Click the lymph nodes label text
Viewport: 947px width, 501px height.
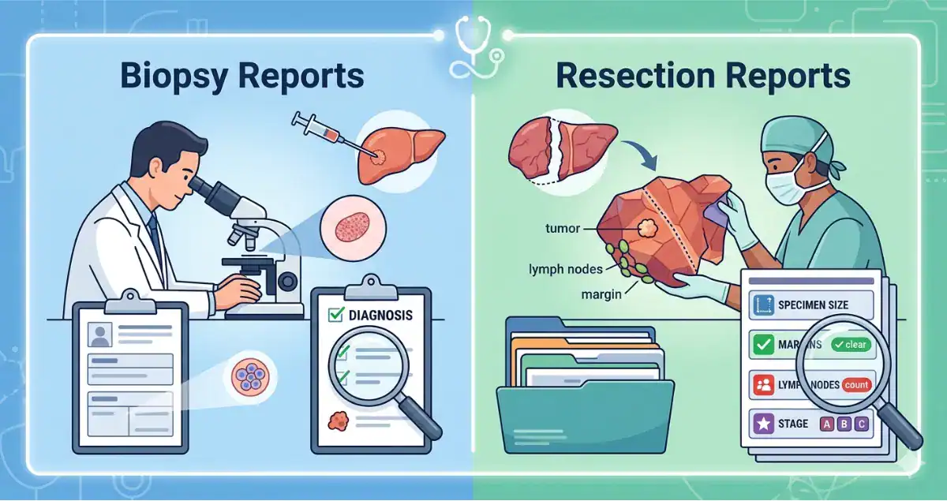(565, 269)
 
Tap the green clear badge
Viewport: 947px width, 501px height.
(849, 345)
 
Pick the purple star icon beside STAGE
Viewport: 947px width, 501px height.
(762, 424)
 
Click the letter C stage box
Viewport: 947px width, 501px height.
(862, 424)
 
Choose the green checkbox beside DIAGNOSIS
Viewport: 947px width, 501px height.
(334, 316)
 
